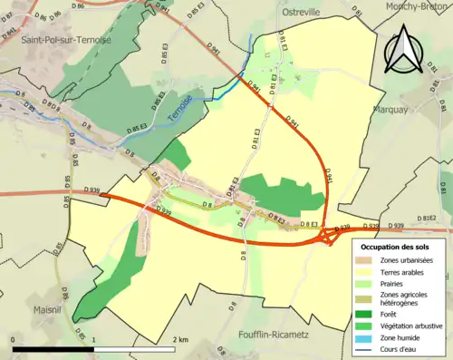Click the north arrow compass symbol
pyautogui.click(x=401, y=50)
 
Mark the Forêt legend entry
pyautogui.click(x=390, y=314)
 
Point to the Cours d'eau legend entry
pyautogui.click(x=400, y=348)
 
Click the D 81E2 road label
pyautogui.click(x=425, y=219)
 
